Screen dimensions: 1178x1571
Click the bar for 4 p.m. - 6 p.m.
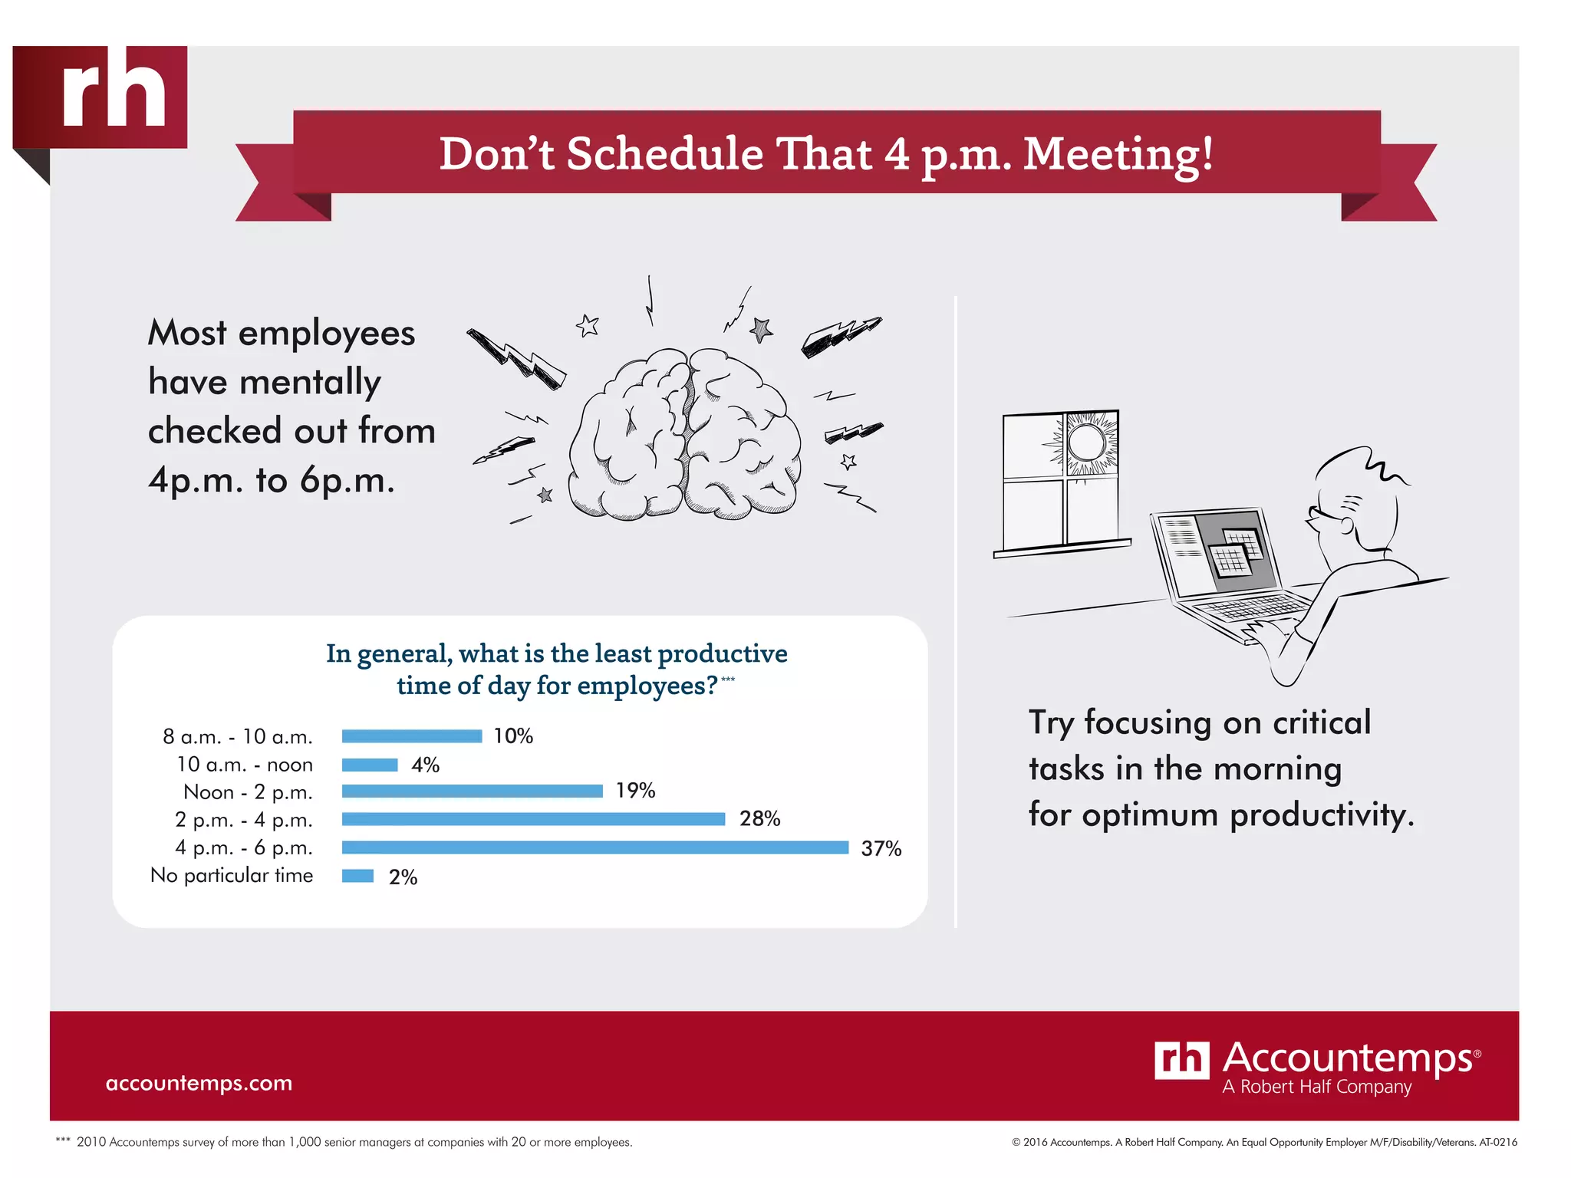[595, 847]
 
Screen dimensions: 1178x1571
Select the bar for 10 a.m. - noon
[370, 765]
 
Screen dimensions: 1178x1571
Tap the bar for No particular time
[357, 876]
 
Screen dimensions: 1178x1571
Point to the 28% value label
[759, 819]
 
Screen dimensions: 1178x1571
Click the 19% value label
[635, 791]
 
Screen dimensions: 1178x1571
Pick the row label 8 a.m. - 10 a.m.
[238, 737]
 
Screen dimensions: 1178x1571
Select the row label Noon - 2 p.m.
[248, 792]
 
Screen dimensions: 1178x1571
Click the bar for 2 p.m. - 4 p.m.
[533, 819]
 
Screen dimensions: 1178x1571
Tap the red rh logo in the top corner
[100, 97]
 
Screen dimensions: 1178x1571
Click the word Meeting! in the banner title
[1118, 154]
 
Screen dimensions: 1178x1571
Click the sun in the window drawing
[1086, 443]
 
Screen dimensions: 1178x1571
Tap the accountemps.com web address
[199, 1083]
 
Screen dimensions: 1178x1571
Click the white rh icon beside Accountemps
[1181, 1060]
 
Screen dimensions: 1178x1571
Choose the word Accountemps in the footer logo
[1347, 1058]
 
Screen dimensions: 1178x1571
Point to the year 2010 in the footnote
[91, 1142]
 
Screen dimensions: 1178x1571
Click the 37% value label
[881, 849]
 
